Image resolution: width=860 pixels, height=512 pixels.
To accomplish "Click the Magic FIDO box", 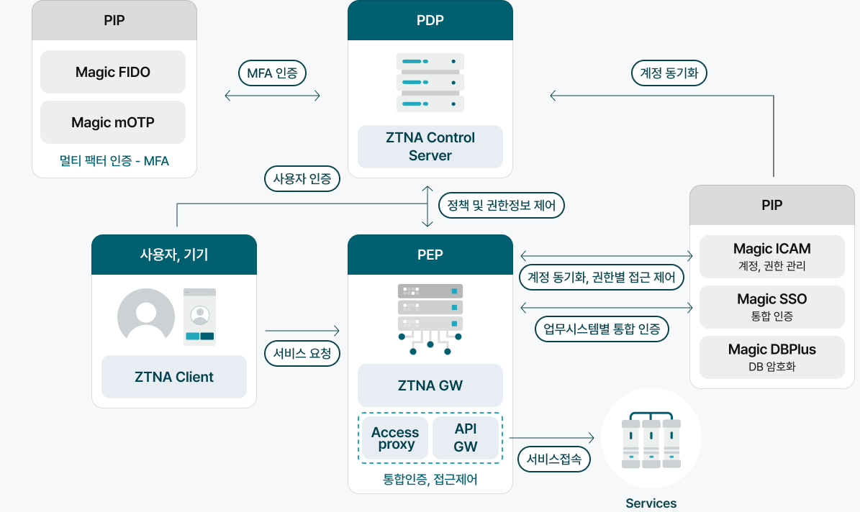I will (113, 72).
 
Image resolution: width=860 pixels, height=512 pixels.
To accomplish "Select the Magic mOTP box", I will (113, 122).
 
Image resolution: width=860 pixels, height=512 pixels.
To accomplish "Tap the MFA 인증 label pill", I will (272, 73).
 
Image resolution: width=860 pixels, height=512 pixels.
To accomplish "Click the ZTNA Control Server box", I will (430, 147).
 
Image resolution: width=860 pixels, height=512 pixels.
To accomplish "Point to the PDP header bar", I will (430, 20).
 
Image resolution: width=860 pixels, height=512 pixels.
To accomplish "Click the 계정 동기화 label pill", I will (669, 73).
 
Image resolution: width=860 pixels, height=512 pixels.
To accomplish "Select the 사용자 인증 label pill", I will (302, 178).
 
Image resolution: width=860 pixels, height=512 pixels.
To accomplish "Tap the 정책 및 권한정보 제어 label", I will (502, 206).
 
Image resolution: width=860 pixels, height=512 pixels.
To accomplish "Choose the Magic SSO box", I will (772, 306).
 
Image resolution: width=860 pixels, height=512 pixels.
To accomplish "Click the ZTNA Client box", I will (174, 377).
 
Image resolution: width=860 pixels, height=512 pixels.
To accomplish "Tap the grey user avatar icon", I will (146, 316).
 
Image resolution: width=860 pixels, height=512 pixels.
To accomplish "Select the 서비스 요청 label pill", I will (302, 353).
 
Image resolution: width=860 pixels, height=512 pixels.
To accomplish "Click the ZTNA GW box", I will (430, 385).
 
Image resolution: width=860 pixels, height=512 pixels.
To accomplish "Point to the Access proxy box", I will (395, 438).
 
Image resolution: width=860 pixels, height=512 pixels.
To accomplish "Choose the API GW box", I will (466, 438).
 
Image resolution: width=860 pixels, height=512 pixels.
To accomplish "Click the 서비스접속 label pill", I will (553, 459).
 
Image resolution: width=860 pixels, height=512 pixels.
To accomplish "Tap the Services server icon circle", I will (651, 439).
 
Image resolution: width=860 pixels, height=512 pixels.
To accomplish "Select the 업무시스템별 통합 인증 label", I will (602, 329).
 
